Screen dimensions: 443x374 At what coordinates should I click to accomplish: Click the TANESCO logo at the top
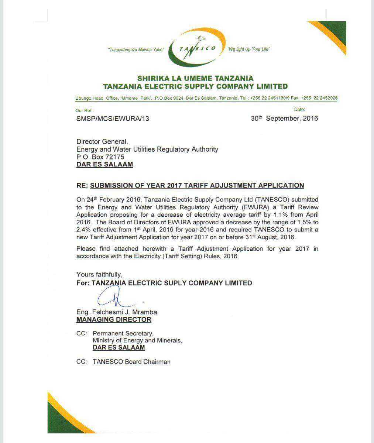tap(197, 48)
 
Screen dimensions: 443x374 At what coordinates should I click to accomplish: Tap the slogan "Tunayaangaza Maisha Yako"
tap(135, 49)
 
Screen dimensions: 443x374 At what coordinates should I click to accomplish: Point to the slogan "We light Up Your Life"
tap(249, 49)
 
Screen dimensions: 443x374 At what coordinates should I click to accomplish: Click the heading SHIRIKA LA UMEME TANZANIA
tap(195, 78)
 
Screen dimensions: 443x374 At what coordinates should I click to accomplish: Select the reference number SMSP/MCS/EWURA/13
tap(113, 119)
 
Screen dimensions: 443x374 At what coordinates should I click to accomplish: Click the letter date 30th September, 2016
tap(284, 119)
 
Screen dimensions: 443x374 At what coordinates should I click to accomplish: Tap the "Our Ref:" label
tap(84, 110)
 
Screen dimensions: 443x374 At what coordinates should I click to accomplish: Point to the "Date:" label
tap(299, 109)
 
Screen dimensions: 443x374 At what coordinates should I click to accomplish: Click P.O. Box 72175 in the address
tap(100, 157)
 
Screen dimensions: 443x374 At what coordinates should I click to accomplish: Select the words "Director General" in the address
tap(102, 141)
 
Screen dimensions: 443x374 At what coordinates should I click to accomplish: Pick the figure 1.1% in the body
tap(281, 215)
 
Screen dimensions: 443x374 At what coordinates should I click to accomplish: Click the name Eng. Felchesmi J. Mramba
tap(117, 312)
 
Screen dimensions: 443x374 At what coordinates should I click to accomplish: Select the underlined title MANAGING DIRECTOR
tap(114, 320)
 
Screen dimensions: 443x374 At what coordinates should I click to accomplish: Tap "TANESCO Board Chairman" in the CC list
tap(131, 362)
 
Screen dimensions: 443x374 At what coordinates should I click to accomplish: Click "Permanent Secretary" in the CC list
tap(123, 333)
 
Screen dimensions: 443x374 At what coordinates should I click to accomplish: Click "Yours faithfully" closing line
tap(99, 274)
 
